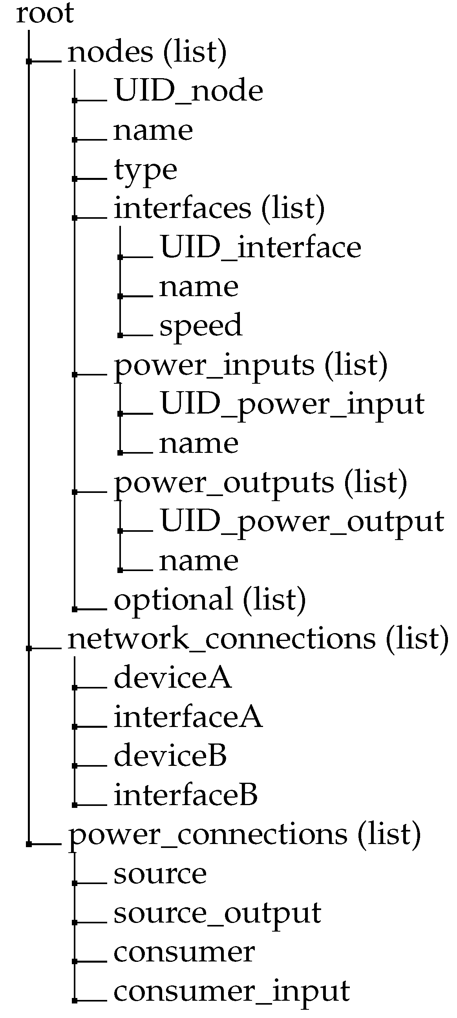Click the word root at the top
(x=45, y=13)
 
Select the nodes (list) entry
(x=147, y=52)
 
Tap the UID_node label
(x=188, y=91)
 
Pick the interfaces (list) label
(x=219, y=208)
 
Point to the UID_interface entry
(x=261, y=247)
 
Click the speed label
(x=201, y=325)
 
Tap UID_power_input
(x=292, y=404)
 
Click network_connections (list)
(x=258, y=639)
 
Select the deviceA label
(x=173, y=677)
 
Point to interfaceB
(x=186, y=795)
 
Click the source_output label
(x=217, y=913)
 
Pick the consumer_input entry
(x=232, y=992)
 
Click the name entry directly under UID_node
(x=153, y=130)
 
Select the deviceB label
(x=170, y=756)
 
